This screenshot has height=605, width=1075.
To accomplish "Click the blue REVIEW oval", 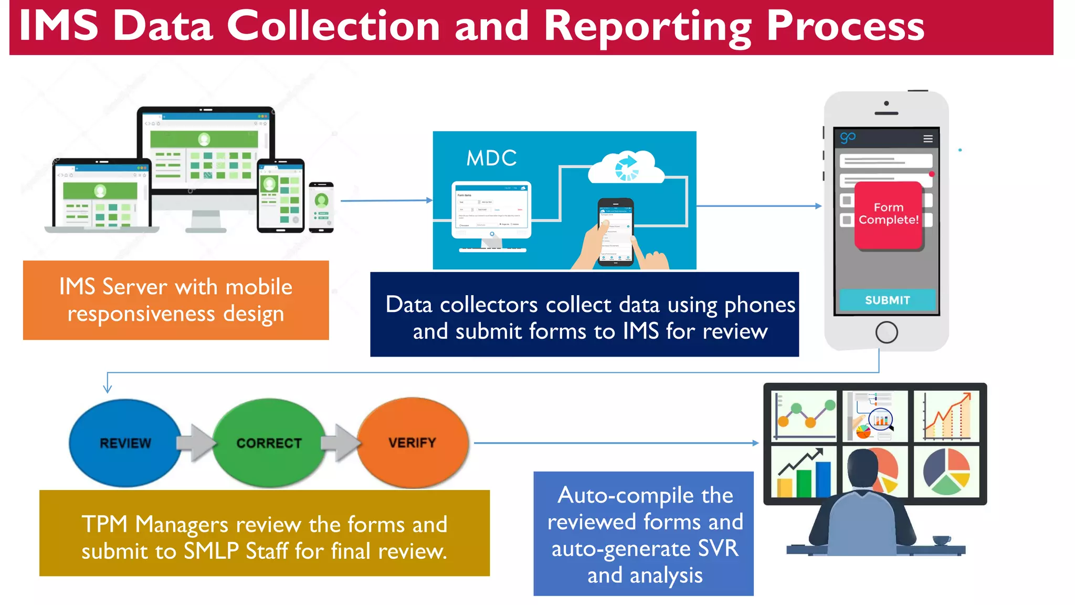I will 125,443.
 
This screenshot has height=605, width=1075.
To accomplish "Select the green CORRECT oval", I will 269,443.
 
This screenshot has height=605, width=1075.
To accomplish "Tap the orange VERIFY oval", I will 413,443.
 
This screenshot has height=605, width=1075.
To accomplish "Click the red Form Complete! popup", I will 888,214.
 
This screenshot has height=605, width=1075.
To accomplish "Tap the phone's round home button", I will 886,332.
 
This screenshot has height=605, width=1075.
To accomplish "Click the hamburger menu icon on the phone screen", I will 928,139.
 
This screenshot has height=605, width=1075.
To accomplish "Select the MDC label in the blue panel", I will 491,158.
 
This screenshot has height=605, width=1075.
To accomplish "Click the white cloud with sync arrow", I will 626,167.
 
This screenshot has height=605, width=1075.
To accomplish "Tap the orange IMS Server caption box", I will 176,300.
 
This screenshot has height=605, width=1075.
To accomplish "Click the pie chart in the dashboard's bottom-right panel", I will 946,471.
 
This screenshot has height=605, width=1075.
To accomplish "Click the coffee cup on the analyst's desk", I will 941,540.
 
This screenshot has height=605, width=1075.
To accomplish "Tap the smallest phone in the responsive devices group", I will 321,207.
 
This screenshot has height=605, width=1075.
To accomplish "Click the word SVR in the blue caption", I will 718,548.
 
